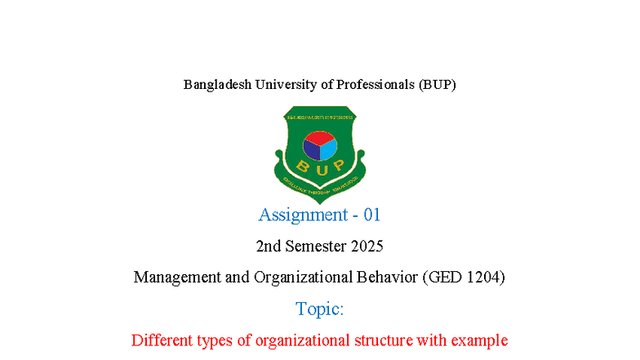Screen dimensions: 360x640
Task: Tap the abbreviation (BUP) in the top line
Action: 438,84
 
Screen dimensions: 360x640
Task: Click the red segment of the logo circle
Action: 319,137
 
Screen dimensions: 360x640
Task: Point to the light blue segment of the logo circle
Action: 328,149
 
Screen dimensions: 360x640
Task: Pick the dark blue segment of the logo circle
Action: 311,149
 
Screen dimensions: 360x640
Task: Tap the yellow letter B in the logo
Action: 300,166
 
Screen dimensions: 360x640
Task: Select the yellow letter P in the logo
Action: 338,166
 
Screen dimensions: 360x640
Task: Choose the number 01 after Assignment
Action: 372,215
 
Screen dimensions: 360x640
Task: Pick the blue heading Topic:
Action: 319,309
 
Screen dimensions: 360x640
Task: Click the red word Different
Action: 162,340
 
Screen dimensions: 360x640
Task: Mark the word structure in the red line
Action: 383,340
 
